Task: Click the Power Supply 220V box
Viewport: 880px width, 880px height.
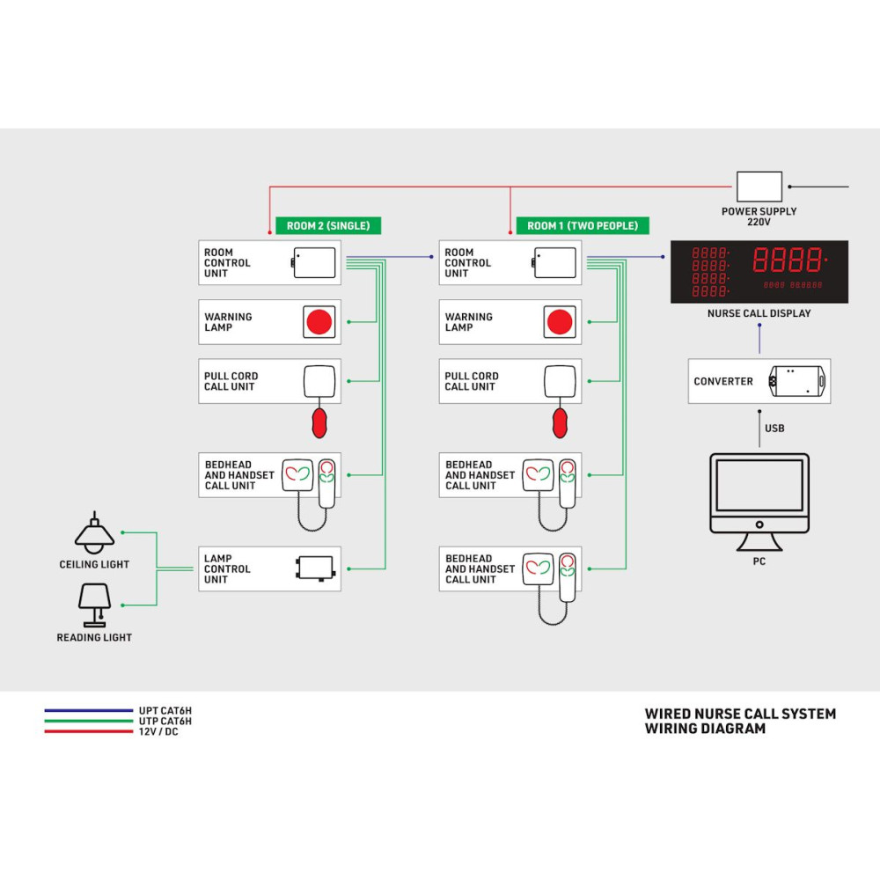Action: tap(759, 187)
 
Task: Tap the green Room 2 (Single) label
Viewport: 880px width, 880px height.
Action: tap(328, 226)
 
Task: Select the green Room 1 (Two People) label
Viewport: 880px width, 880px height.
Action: tap(583, 226)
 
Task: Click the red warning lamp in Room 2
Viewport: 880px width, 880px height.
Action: tap(318, 322)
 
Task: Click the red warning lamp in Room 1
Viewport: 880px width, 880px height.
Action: tap(559, 322)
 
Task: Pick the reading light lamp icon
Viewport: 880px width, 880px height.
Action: tap(94, 603)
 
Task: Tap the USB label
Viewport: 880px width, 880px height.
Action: tap(774, 429)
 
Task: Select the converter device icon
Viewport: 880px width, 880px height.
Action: tap(797, 381)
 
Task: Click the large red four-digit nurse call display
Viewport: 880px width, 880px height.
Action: tap(788, 260)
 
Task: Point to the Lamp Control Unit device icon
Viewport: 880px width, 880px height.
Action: tap(315, 568)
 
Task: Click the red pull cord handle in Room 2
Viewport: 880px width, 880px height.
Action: tap(318, 422)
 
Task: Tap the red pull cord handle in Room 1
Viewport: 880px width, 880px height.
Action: tap(559, 422)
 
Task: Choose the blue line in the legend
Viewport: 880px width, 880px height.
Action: tap(88, 709)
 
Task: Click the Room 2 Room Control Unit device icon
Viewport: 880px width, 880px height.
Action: tap(314, 262)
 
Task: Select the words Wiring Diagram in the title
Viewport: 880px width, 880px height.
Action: tap(705, 729)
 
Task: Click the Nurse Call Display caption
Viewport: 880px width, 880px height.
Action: tap(759, 313)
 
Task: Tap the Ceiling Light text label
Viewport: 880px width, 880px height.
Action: tap(94, 565)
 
